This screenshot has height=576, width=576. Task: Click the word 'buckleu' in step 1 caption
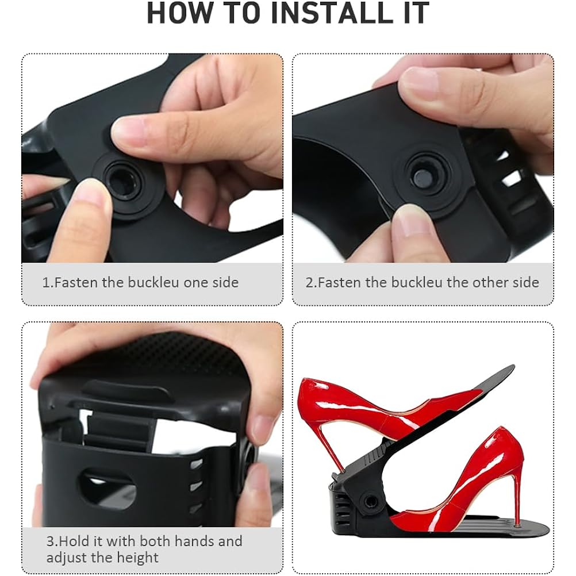tap(154, 282)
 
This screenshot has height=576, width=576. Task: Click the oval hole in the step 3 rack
tap(106, 486)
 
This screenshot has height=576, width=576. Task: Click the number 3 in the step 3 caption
tap(51, 542)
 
